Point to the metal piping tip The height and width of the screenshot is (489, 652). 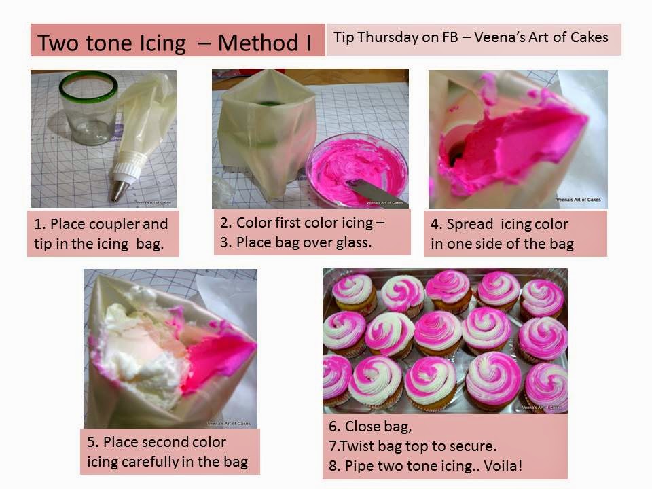point(120,187)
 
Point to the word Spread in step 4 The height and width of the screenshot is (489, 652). point(470,225)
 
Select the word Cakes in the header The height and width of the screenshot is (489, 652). point(588,37)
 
